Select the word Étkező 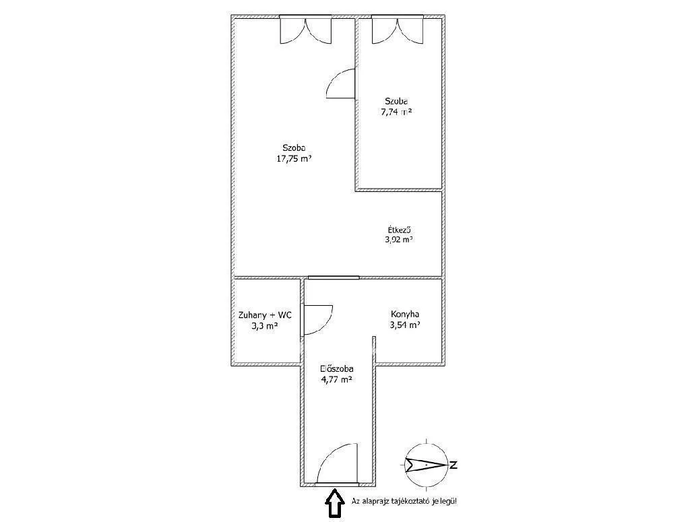coord(399,230)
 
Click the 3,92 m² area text coord(399,240)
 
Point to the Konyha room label coord(405,314)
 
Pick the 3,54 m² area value coord(405,325)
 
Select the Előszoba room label coord(337,368)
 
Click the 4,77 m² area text coord(337,379)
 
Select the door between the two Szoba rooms coord(340,84)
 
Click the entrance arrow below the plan coord(333,503)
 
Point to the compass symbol coord(426,464)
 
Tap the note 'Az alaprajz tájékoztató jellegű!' coord(408,501)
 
